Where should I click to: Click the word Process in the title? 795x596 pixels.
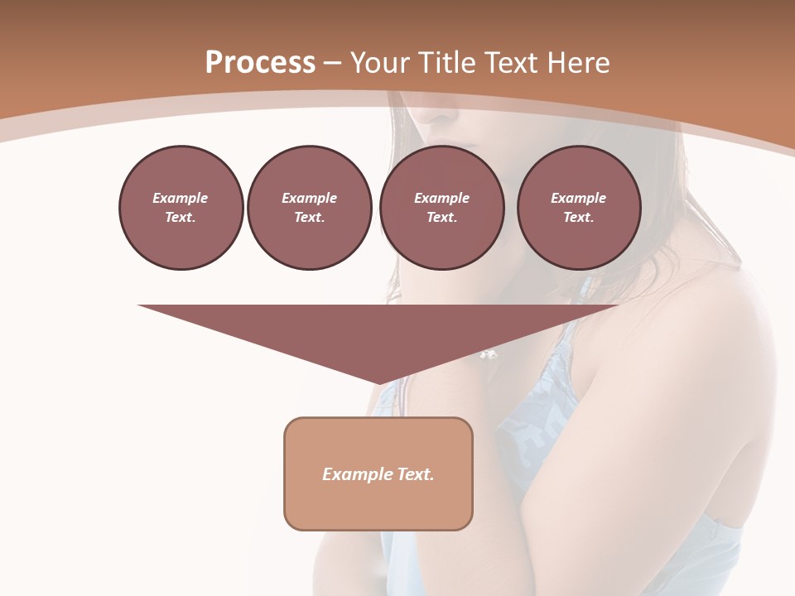pos(260,63)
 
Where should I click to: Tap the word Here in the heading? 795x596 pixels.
pos(579,63)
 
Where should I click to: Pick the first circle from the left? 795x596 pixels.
pos(181,208)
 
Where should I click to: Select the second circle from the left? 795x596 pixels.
pos(310,208)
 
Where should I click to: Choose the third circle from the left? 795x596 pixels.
pos(441,208)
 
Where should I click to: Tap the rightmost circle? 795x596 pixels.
pos(579,208)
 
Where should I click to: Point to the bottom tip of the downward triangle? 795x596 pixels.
pos(379,384)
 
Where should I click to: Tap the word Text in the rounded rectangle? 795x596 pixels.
pos(416,474)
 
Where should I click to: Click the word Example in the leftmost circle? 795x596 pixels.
pos(181,198)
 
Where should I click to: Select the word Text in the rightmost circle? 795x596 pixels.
pos(578,218)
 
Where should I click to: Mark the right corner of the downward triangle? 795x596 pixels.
pos(617,306)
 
